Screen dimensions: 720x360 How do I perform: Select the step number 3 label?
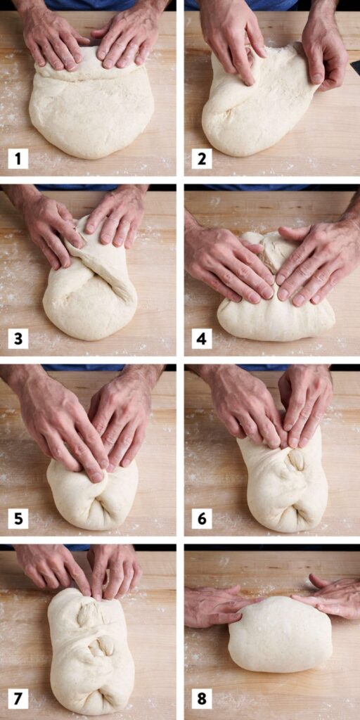tap(18, 339)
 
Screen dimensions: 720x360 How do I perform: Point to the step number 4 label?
tap(202, 339)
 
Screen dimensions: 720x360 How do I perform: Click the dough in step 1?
tap(91, 112)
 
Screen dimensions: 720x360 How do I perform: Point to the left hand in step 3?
tap(49, 229)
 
